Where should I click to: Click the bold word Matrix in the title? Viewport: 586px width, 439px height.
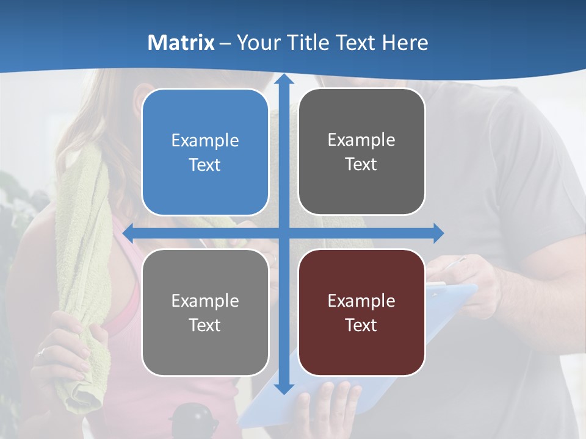click(x=181, y=43)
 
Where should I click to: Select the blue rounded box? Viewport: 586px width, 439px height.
click(x=205, y=152)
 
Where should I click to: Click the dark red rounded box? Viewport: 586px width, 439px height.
click(x=361, y=312)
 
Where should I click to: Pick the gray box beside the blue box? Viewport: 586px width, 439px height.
click(x=361, y=152)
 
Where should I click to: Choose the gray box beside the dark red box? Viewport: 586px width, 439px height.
click(x=205, y=312)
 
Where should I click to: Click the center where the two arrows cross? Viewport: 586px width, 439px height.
click(x=283, y=233)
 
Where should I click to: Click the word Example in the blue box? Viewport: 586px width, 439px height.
click(x=205, y=141)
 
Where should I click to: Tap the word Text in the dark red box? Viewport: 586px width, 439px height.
click(x=361, y=325)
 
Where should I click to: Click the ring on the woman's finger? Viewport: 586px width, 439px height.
click(x=41, y=352)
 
